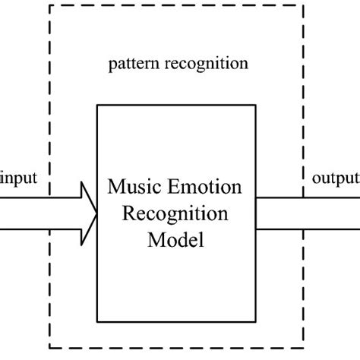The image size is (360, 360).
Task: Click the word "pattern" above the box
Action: click(x=131, y=64)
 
